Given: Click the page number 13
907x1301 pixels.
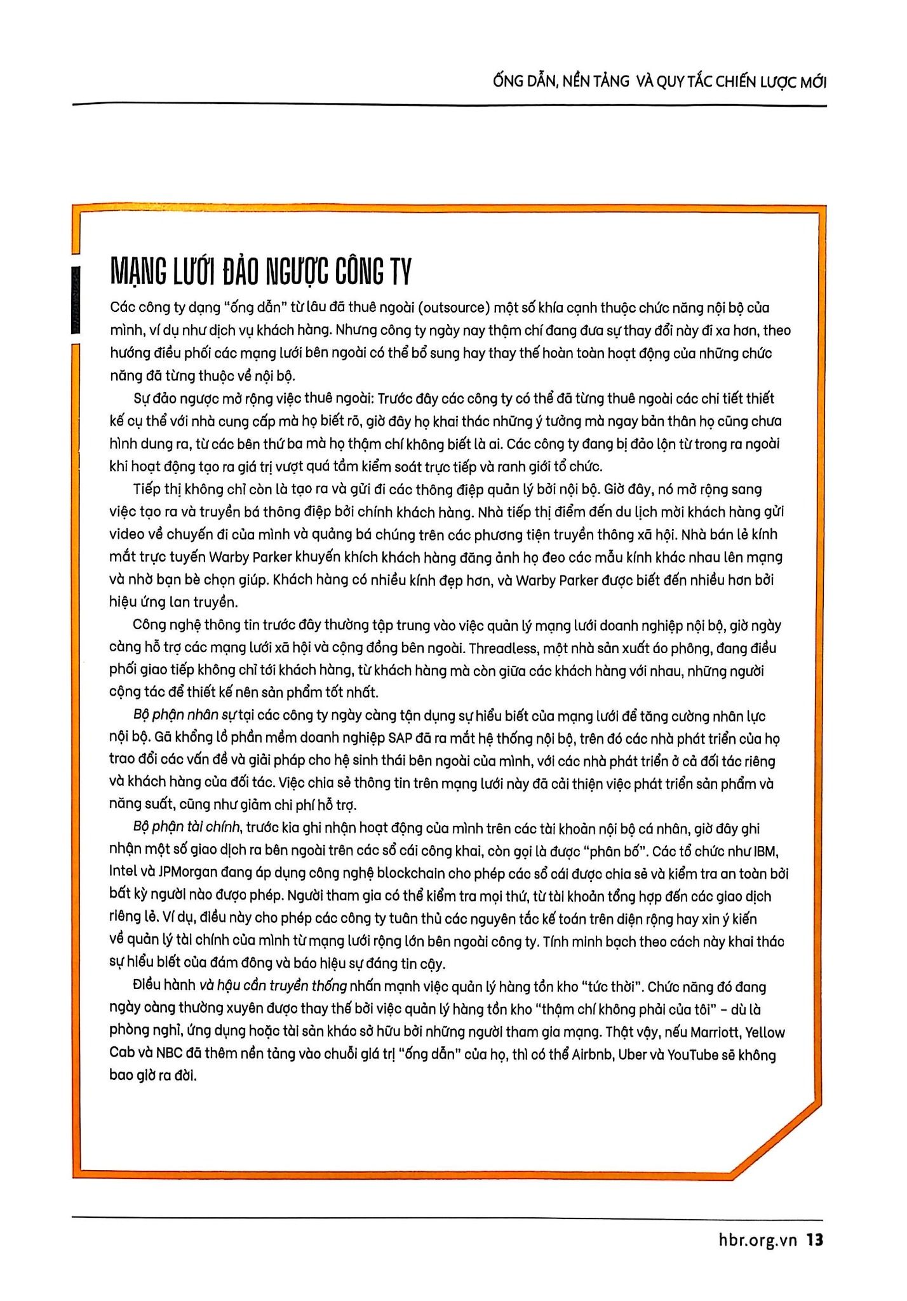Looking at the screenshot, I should [x=814, y=1239].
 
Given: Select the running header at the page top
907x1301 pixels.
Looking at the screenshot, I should [x=659, y=83].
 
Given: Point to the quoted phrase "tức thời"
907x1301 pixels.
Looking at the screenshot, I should [x=610, y=987].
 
